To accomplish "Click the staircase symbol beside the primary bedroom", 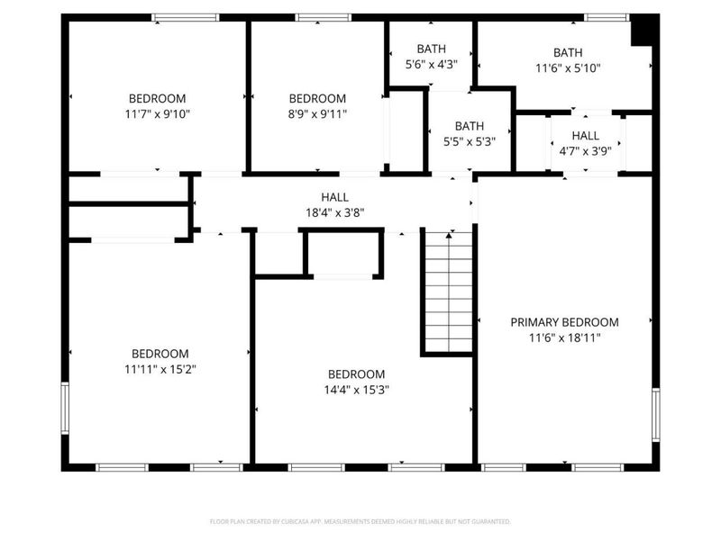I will click(x=449, y=291).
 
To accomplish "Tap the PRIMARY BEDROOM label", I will click(x=564, y=322).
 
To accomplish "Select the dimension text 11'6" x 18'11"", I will click(x=564, y=338).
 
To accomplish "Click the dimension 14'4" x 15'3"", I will click(x=356, y=391).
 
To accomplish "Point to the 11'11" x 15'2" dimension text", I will click(x=160, y=369).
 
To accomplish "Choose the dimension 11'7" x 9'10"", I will click(x=158, y=114).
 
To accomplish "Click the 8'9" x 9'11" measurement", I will click(x=317, y=114).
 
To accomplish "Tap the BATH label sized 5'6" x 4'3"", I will click(x=432, y=49).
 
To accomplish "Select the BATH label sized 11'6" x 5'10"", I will click(x=568, y=52).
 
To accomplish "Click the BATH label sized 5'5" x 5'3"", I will click(x=470, y=126).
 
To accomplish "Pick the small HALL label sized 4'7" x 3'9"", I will click(x=585, y=136).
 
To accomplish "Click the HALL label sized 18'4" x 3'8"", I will click(x=334, y=197).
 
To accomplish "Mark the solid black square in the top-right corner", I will click(x=643, y=30).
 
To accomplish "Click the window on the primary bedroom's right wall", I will click(x=655, y=414).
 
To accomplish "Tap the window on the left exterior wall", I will click(x=64, y=409).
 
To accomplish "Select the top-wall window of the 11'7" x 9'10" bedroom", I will click(x=185, y=17).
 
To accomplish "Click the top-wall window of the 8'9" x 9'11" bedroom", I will click(x=324, y=17).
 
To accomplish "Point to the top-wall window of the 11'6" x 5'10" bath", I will click(x=607, y=17).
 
